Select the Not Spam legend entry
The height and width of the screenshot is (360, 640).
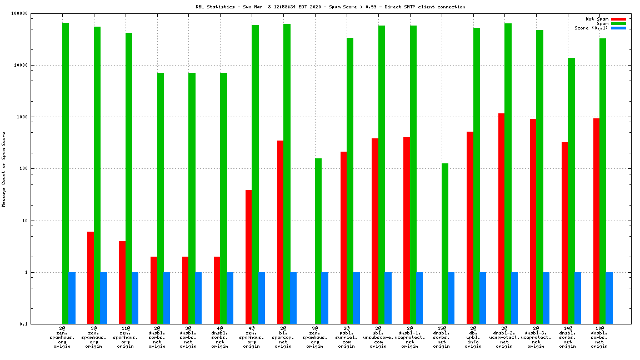pos(597,19)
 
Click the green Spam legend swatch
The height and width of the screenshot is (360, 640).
pos(618,23)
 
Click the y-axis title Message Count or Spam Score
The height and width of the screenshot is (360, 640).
pos(4,169)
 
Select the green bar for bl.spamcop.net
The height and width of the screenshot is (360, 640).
pos(287,174)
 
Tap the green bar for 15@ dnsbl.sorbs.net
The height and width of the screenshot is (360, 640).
pos(445,243)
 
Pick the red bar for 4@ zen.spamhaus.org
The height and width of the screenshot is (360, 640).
pos(248,257)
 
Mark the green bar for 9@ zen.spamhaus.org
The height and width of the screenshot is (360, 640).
pos(318,241)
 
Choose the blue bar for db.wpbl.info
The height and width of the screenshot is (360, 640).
pos(483,298)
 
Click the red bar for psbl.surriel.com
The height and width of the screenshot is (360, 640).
pos(343,238)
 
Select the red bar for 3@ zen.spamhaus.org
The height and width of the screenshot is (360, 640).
pos(91,278)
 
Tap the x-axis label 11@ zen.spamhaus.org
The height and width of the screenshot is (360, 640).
pos(126,337)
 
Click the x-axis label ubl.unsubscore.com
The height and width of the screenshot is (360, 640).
pos(378,337)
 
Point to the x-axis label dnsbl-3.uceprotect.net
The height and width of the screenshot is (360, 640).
pos(536,337)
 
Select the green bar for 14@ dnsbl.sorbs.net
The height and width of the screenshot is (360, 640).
pos(571,191)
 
